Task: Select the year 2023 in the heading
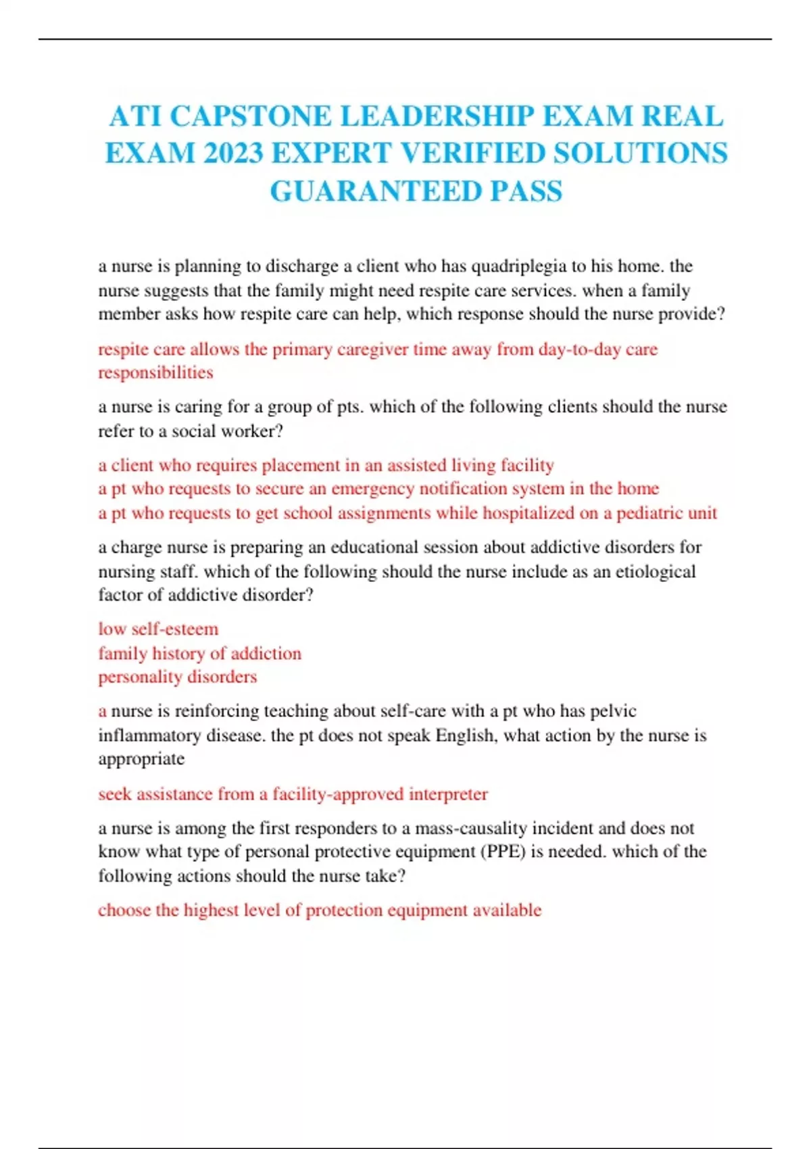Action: coord(232,153)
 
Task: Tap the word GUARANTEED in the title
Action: coord(375,191)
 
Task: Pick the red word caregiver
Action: coord(372,349)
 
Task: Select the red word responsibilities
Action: coord(155,372)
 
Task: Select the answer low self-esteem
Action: coord(158,629)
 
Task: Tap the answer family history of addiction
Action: coord(199,654)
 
